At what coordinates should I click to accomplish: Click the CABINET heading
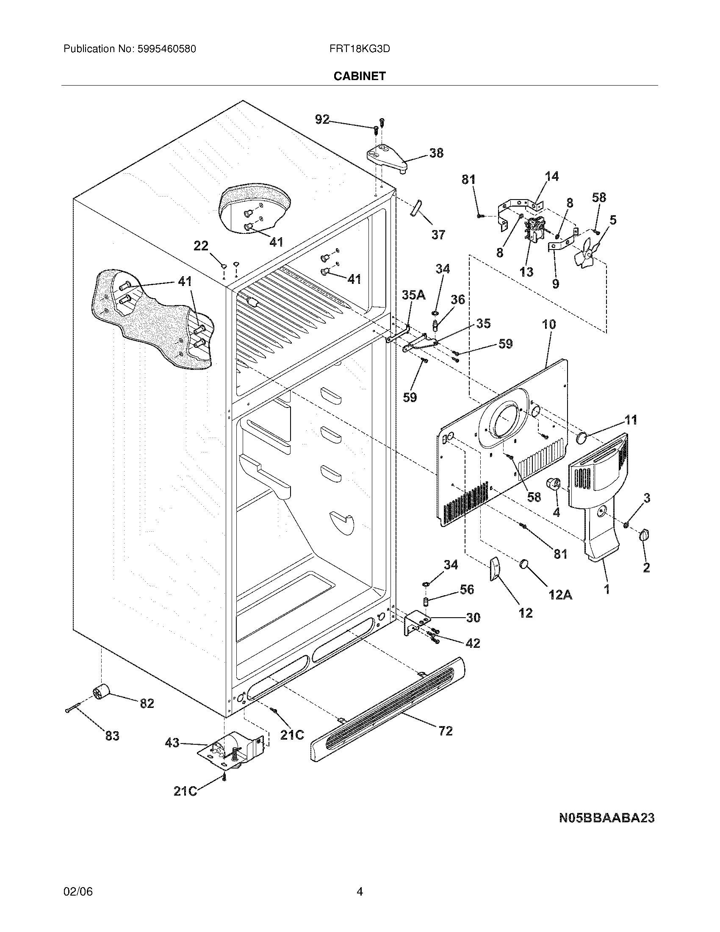(x=359, y=76)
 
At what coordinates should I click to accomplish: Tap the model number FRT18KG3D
(x=359, y=49)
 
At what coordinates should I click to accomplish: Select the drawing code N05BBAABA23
(x=606, y=818)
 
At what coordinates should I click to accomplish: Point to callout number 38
(x=436, y=153)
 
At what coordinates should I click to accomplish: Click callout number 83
(x=112, y=736)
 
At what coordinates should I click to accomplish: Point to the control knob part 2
(x=644, y=535)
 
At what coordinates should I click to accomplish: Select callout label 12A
(x=560, y=594)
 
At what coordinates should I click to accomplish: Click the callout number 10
(x=549, y=325)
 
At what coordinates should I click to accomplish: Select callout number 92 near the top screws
(x=322, y=119)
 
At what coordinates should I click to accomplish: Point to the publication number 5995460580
(x=166, y=49)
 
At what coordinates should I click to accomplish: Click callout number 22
(x=201, y=246)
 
